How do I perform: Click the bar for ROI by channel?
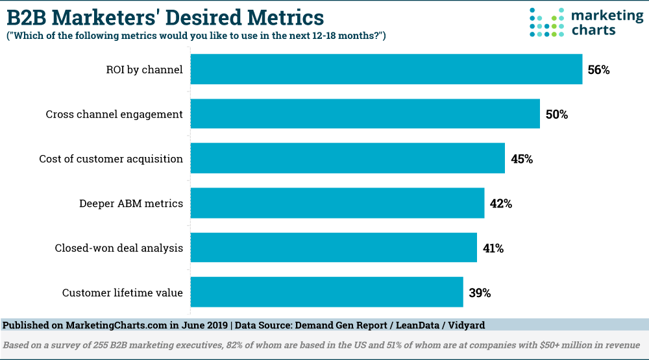[386, 69]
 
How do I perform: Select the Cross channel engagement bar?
[365, 114]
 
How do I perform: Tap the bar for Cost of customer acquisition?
[348, 159]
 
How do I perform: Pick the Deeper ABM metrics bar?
[337, 203]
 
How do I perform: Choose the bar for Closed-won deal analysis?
[334, 248]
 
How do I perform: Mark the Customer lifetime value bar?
[326, 292]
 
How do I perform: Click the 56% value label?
[598, 70]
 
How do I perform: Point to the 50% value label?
[556, 115]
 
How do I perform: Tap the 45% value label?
[521, 159]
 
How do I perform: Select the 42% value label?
[500, 204]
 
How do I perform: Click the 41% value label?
[493, 248]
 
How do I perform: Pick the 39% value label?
[480, 293]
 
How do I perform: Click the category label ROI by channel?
[145, 69]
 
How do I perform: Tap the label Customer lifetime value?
[122, 293]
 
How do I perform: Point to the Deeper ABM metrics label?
[130, 204]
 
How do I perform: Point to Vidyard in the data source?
[465, 324]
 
